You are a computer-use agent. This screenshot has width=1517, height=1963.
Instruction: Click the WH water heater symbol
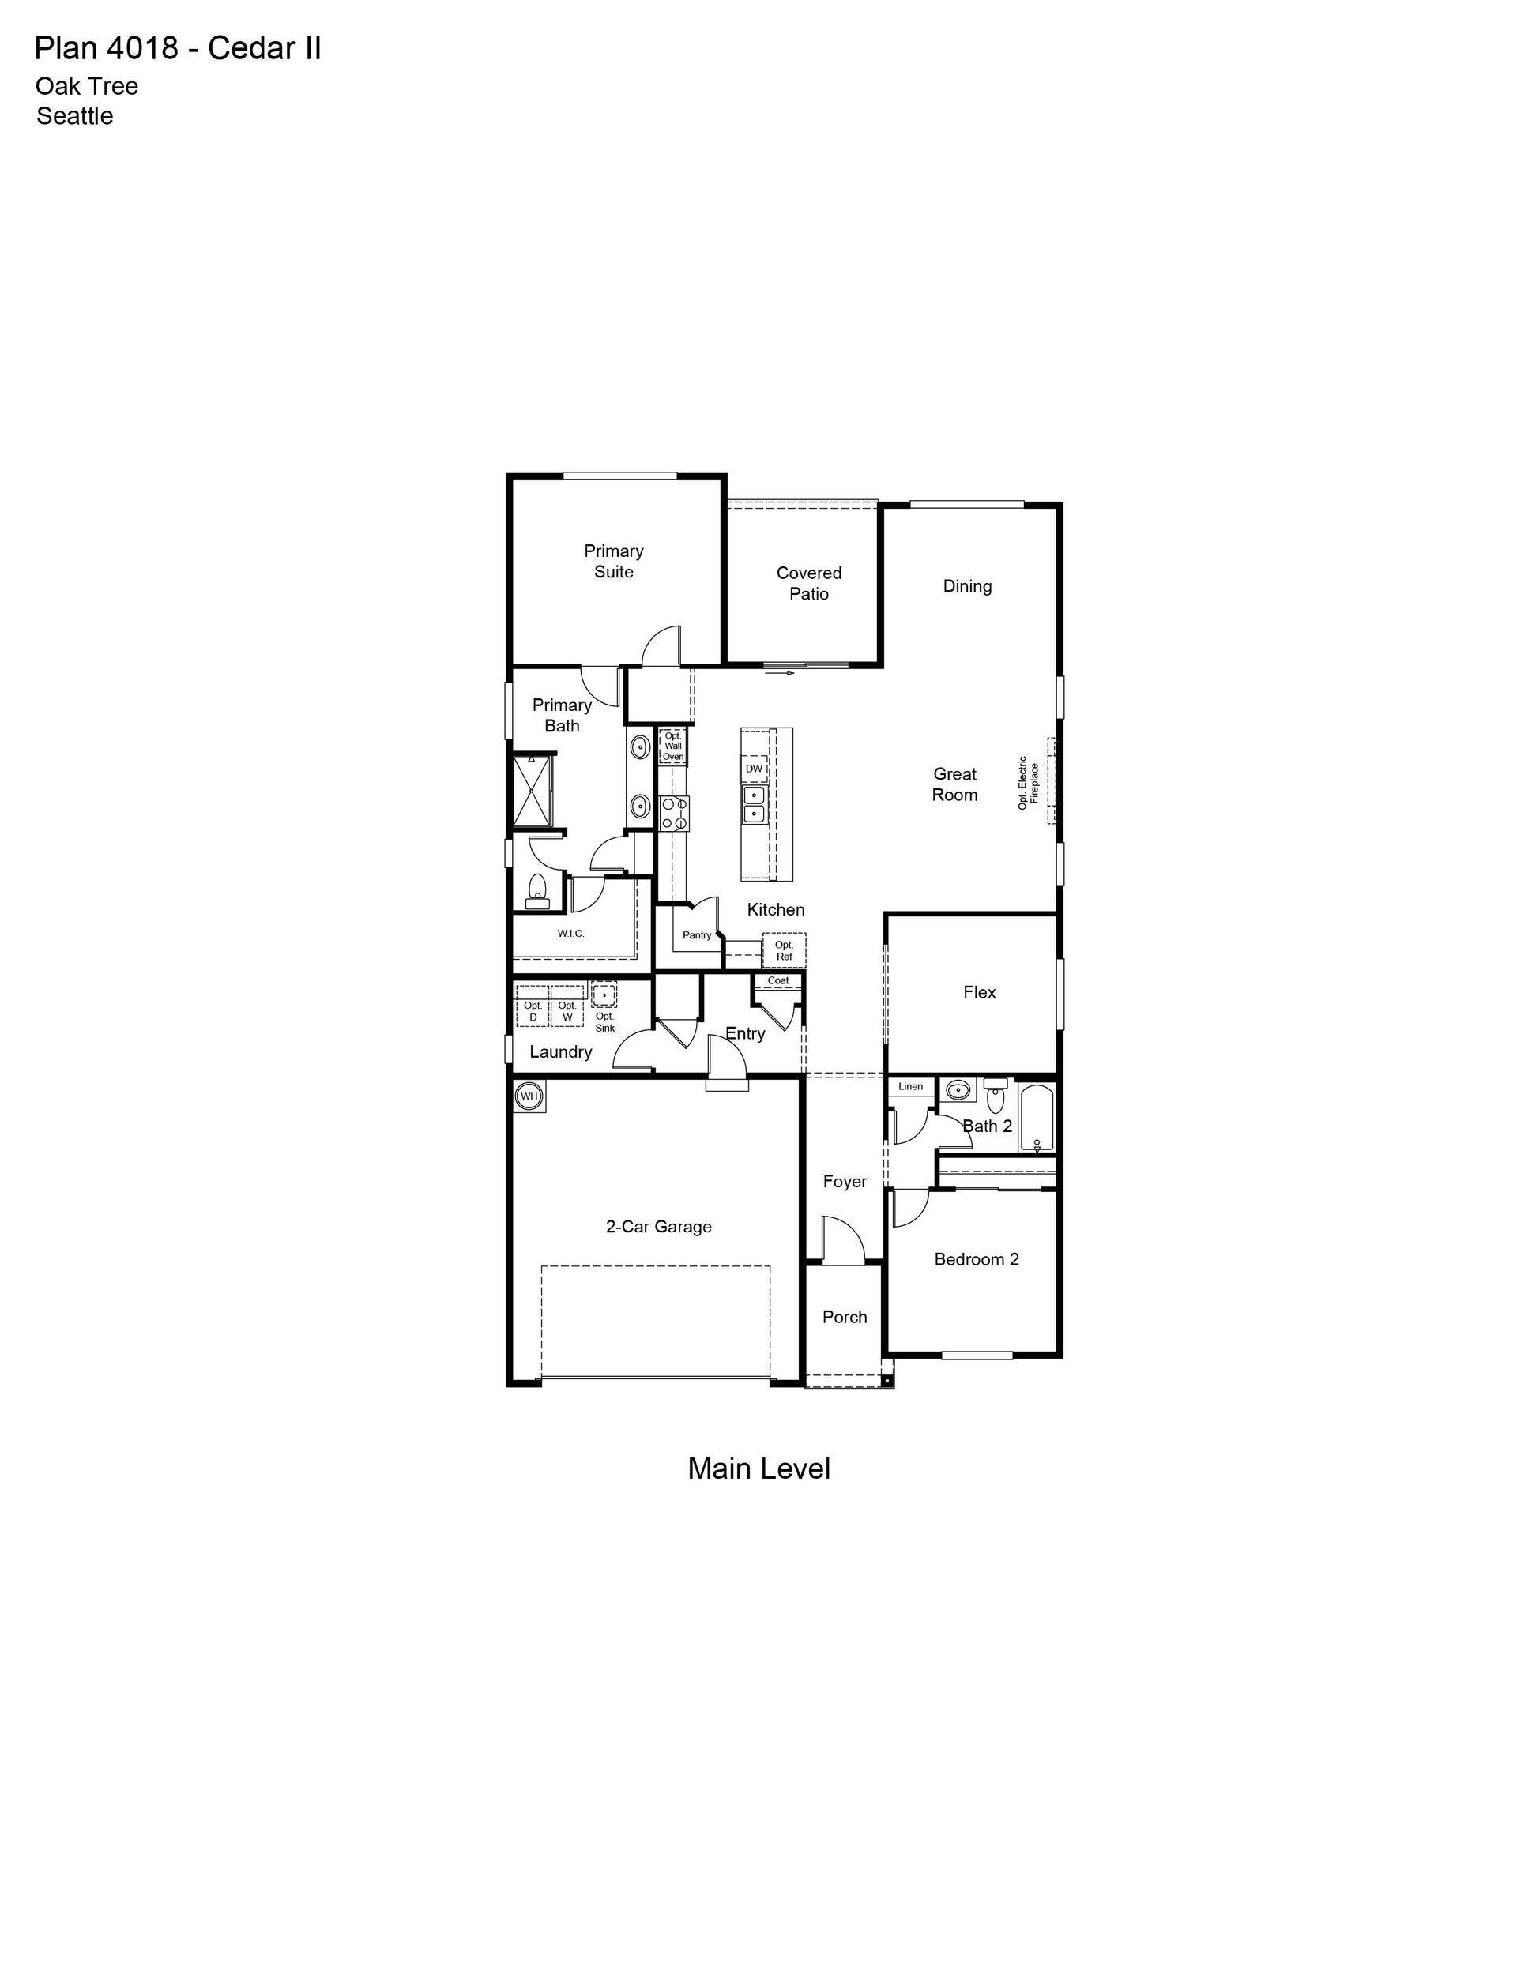coord(529,1096)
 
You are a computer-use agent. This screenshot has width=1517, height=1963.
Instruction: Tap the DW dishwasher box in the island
coord(754,769)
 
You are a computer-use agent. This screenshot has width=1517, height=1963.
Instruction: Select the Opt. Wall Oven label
coord(672,746)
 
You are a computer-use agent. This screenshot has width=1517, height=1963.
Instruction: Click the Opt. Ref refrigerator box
coord(784,950)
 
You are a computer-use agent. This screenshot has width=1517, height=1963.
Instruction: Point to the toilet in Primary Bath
coord(536,888)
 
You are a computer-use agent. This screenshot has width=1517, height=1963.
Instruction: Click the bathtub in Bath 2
coord(1037,1119)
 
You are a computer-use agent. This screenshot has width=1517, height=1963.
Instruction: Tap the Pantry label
coord(697,934)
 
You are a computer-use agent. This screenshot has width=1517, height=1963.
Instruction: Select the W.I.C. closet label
coord(571,933)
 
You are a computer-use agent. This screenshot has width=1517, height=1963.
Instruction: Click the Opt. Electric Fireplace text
coord(1028,782)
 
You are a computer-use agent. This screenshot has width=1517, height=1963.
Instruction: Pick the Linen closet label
coord(911,1085)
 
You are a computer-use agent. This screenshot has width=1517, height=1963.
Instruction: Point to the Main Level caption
coord(759,1468)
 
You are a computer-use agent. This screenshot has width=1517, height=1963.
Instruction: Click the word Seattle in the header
coord(74,116)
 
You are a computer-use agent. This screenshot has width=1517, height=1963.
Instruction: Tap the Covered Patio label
coord(809,582)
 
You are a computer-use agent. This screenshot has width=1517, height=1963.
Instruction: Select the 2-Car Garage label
coord(659,1226)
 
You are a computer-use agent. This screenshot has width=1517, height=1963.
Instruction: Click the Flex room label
coord(979,991)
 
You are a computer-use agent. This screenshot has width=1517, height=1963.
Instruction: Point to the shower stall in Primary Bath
coord(532,790)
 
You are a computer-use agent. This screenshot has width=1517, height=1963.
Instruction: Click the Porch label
coord(845,1316)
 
